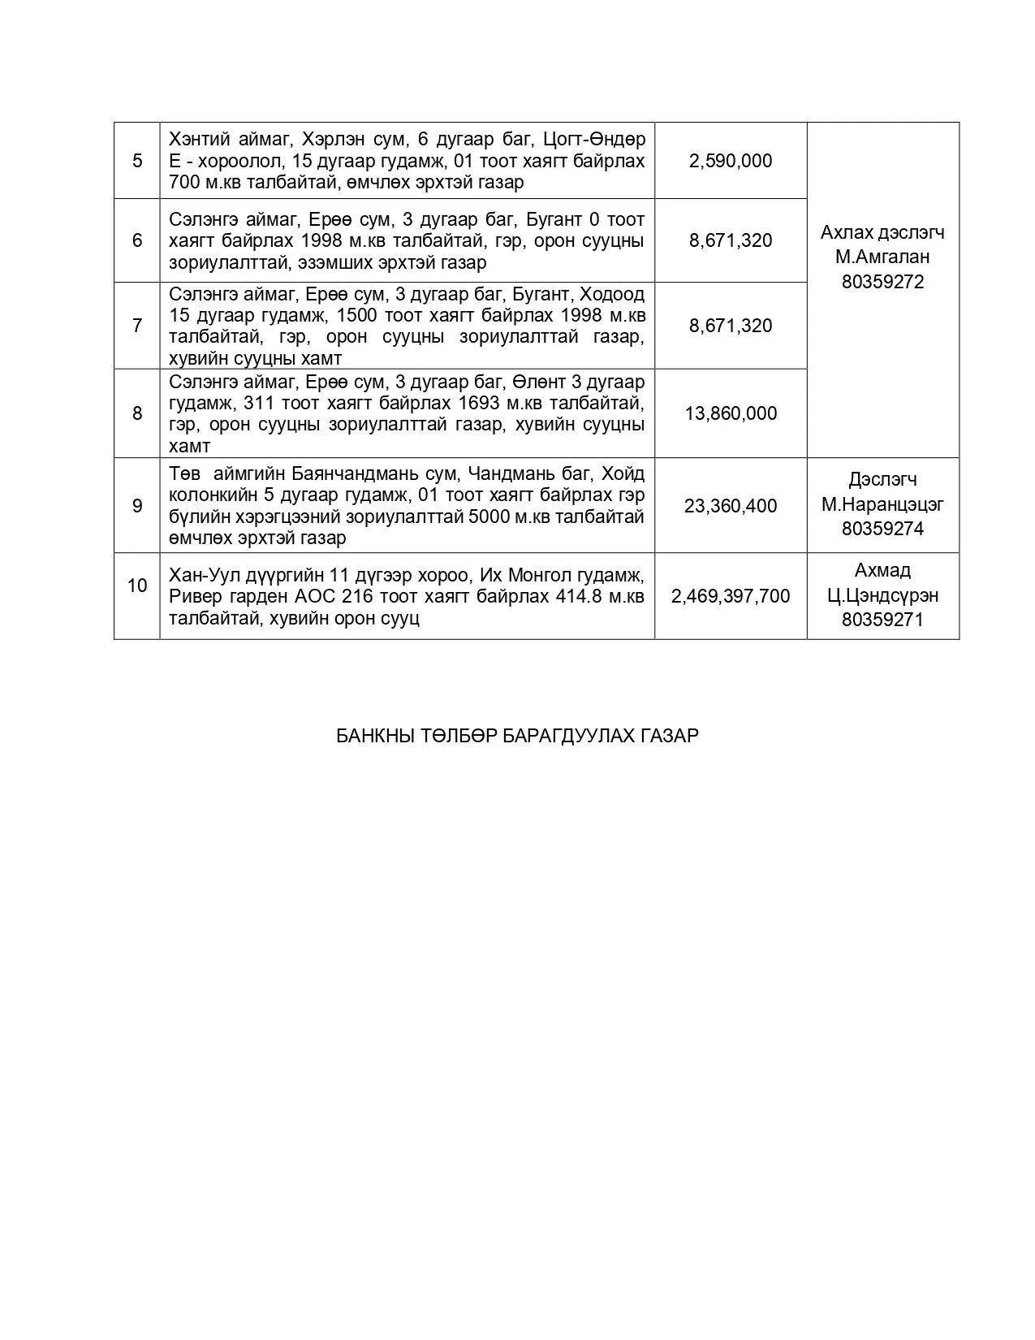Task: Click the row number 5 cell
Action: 137,161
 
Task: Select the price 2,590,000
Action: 731,161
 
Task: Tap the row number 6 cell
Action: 137,240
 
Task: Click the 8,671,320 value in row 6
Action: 731,240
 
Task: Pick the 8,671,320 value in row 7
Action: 731,326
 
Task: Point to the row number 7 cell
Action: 137,326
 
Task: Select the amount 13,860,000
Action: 731,413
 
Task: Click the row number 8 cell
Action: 137,413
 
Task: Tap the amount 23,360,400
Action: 731,506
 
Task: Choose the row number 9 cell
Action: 137,506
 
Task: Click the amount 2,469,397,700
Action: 731,596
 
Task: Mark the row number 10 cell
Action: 137,586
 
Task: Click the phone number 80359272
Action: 882,283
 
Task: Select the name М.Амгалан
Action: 882,257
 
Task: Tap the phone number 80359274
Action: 882,529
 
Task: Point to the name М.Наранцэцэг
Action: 882,504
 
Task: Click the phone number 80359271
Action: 882,620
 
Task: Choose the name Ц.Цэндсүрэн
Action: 882,595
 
